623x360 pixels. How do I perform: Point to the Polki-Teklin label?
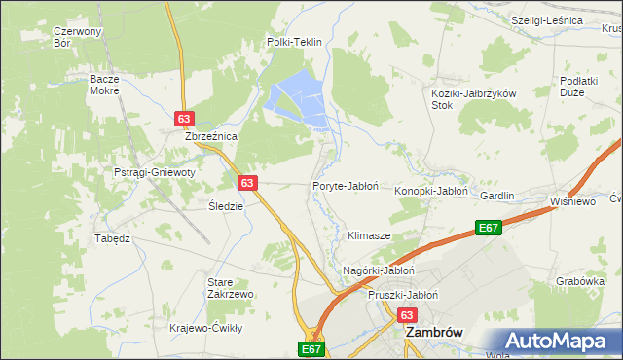[294, 43]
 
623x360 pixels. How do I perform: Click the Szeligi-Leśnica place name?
[547, 20]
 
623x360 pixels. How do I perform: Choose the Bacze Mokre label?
[104, 84]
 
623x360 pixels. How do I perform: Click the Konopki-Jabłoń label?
[431, 192]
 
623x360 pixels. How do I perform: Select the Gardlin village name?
[496, 196]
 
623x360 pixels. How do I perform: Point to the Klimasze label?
[369, 236]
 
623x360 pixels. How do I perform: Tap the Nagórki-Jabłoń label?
[380, 270]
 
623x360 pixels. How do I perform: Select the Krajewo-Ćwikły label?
[205, 328]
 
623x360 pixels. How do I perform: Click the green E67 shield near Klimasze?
[489, 228]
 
